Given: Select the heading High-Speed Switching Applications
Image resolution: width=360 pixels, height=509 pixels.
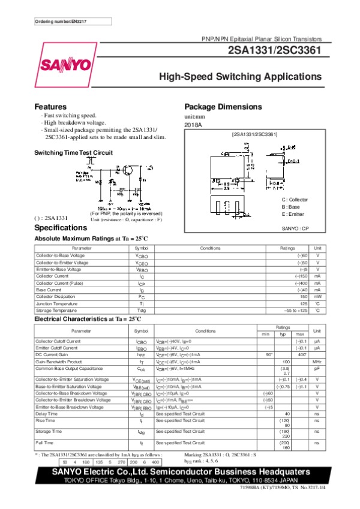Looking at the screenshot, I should pos(240,77).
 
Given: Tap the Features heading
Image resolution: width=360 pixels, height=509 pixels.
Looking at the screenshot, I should pos(50,107).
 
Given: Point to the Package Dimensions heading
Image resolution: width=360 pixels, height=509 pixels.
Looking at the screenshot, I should pos(223,107).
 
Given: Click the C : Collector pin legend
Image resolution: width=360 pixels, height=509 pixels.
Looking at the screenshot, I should pos(295,200).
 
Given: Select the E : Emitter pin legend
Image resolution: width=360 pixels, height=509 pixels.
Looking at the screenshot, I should pos(293,214).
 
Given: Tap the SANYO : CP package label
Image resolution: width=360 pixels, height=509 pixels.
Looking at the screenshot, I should pos(295,228).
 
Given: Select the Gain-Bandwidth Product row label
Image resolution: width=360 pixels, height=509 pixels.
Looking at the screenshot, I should pos(59,362).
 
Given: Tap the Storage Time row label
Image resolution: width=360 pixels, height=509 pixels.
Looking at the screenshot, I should pos(49,431).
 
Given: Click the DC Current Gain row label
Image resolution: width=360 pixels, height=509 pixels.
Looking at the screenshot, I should pos(53,355).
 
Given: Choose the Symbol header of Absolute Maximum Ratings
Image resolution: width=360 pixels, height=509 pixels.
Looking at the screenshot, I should pos(142,248).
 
